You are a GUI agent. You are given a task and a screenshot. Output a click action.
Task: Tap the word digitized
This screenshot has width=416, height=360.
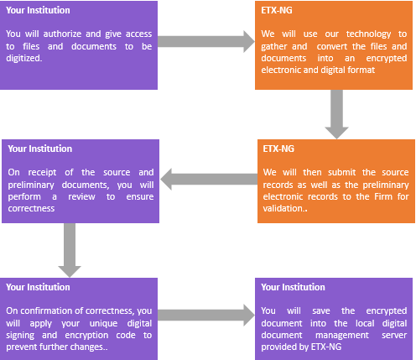(x=24, y=58)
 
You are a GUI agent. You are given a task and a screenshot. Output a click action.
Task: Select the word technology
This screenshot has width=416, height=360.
(x=368, y=34)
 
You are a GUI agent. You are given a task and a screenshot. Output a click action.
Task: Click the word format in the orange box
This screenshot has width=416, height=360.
(x=361, y=70)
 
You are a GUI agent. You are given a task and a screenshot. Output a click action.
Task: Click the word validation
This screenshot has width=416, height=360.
(x=283, y=208)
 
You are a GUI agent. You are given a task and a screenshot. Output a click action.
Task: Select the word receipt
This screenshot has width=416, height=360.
(x=42, y=173)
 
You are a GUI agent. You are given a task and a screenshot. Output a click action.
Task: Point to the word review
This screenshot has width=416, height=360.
(x=81, y=196)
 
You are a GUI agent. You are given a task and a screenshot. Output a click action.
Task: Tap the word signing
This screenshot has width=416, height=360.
(x=20, y=335)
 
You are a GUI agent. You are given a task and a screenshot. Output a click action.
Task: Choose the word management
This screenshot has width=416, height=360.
(x=342, y=335)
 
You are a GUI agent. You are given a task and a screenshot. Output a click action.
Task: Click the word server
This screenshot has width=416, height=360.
(x=394, y=335)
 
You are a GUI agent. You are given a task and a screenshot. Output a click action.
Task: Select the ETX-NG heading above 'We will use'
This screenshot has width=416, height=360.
(x=277, y=10)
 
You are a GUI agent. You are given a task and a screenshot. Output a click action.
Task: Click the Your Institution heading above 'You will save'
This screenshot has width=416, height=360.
(x=293, y=287)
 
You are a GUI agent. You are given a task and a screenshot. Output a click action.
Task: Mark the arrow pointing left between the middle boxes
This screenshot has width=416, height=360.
(x=209, y=180)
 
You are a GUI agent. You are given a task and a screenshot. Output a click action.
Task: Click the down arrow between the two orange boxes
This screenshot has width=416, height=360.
(x=336, y=114)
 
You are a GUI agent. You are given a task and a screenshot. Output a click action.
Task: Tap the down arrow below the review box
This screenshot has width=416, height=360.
(x=70, y=250)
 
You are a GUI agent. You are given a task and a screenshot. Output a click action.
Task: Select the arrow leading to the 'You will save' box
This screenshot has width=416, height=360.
(x=206, y=316)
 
